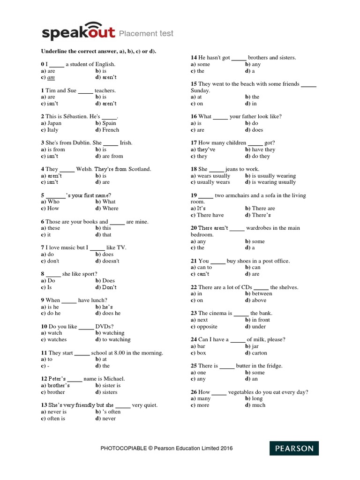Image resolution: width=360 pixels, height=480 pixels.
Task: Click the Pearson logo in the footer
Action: pyautogui.click(x=294, y=448)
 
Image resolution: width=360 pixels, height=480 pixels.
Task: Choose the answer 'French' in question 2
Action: pyautogui.click(x=111, y=130)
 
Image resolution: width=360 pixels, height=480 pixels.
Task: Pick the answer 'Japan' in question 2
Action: pyautogui.click(x=54, y=123)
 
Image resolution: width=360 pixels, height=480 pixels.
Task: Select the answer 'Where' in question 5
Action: pyautogui.click(x=110, y=208)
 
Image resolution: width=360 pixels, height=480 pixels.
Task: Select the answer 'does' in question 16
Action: pyautogui.click(x=257, y=130)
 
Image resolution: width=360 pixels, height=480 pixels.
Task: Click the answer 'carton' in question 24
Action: pyautogui.click(x=259, y=352)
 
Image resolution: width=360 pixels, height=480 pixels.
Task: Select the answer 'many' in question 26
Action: pyautogui.click(x=204, y=398)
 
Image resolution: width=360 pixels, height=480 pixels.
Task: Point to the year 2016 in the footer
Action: pyautogui.click(x=225, y=449)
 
